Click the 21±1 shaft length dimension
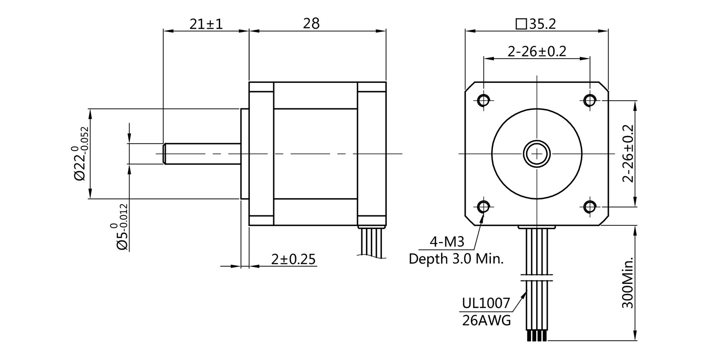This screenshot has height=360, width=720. (x=206, y=24)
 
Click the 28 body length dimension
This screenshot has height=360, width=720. (x=311, y=24)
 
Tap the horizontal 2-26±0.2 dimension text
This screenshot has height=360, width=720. (x=537, y=52)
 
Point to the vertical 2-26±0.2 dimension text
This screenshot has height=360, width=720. (x=629, y=154)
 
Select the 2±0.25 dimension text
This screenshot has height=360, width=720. (x=293, y=259)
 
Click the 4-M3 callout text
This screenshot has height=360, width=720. (x=447, y=242)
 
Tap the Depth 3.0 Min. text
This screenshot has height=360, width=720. (x=456, y=259)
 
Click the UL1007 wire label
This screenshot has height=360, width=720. (x=486, y=303)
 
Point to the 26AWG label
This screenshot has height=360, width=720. (x=486, y=320)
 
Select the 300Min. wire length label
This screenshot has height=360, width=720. (x=628, y=283)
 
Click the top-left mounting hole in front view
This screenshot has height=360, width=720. (x=483, y=100)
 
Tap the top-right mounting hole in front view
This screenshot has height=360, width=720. (x=590, y=100)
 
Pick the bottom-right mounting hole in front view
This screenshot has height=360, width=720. (x=590, y=207)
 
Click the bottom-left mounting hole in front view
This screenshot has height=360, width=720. (x=483, y=207)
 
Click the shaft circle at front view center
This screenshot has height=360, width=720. (x=537, y=153)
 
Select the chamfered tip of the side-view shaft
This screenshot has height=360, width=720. (x=164, y=154)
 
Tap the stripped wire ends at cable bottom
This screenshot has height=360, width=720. (x=536, y=336)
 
